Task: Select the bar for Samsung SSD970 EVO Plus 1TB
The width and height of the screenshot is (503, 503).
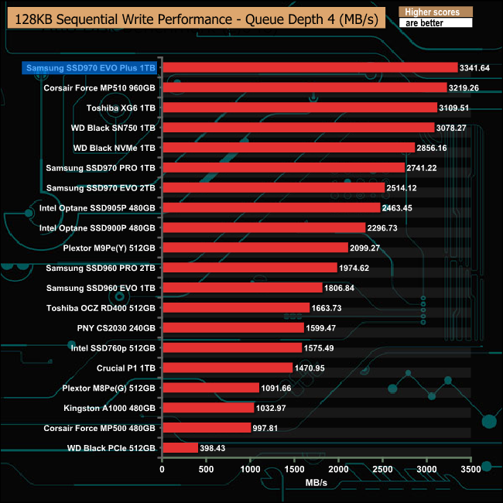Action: [x=309, y=68]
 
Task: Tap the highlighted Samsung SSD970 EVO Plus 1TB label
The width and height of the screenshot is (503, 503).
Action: [x=91, y=68]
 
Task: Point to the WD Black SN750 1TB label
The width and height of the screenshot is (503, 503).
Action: [x=114, y=128]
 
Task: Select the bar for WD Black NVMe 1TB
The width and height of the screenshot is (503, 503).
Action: [x=288, y=147]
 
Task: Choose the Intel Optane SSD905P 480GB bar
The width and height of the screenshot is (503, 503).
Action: [x=271, y=207]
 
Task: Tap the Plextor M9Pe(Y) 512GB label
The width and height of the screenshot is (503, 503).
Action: [x=109, y=248]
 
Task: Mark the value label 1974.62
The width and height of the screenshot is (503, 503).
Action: [x=359, y=268]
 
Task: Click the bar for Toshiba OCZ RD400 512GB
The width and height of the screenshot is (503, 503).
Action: [x=235, y=307]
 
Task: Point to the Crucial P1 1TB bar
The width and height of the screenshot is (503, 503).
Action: [x=227, y=368]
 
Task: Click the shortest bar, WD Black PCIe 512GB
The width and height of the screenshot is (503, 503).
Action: [x=180, y=447]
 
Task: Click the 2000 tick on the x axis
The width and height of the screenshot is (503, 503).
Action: [x=339, y=469]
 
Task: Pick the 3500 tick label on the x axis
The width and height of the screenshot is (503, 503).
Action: [x=471, y=469]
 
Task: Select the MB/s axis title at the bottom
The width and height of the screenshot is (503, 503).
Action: [x=317, y=484]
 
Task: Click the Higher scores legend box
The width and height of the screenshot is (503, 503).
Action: [x=434, y=12]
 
